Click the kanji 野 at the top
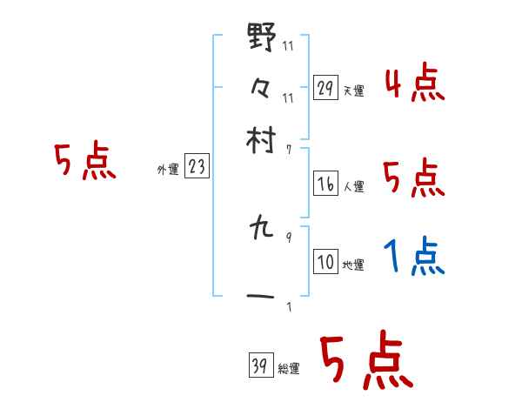(x=262, y=39)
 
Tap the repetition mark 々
(x=261, y=87)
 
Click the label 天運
(x=354, y=91)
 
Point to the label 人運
(x=354, y=186)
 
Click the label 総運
(x=289, y=369)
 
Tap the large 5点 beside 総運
(x=365, y=362)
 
